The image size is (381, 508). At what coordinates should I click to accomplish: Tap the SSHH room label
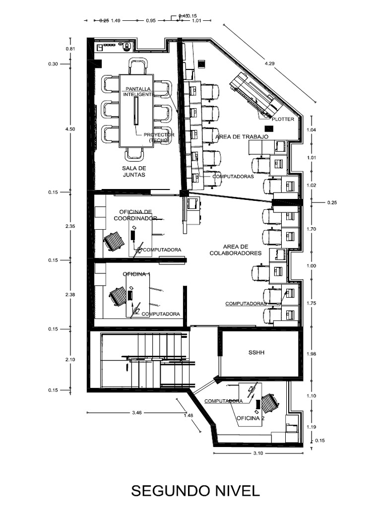tap(257, 353)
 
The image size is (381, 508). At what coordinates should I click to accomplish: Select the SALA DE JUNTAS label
tap(134, 172)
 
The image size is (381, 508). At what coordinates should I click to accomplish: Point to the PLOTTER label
tap(283, 119)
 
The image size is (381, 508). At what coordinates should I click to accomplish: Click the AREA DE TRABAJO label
tap(242, 136)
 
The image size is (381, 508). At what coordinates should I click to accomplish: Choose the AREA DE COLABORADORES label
tap(242, 250)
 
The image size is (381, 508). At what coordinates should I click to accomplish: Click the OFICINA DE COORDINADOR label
tap(135, 215)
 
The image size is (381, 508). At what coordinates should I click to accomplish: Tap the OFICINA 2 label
tap(250, 418)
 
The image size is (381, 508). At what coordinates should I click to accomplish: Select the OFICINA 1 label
tap(136, 274)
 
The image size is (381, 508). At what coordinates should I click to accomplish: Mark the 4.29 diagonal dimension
tap(270, 63)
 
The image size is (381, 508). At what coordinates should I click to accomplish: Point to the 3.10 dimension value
tap(258, 453)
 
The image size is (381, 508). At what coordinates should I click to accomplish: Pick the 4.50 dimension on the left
tap(69, 129)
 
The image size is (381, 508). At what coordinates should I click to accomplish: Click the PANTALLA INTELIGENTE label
tap(139, 91)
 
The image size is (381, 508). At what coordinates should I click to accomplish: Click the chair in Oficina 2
tap(270, 403)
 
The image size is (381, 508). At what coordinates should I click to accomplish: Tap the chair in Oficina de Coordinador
tap(114, 242)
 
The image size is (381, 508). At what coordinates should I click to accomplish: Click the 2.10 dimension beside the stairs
tap(69, 360)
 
